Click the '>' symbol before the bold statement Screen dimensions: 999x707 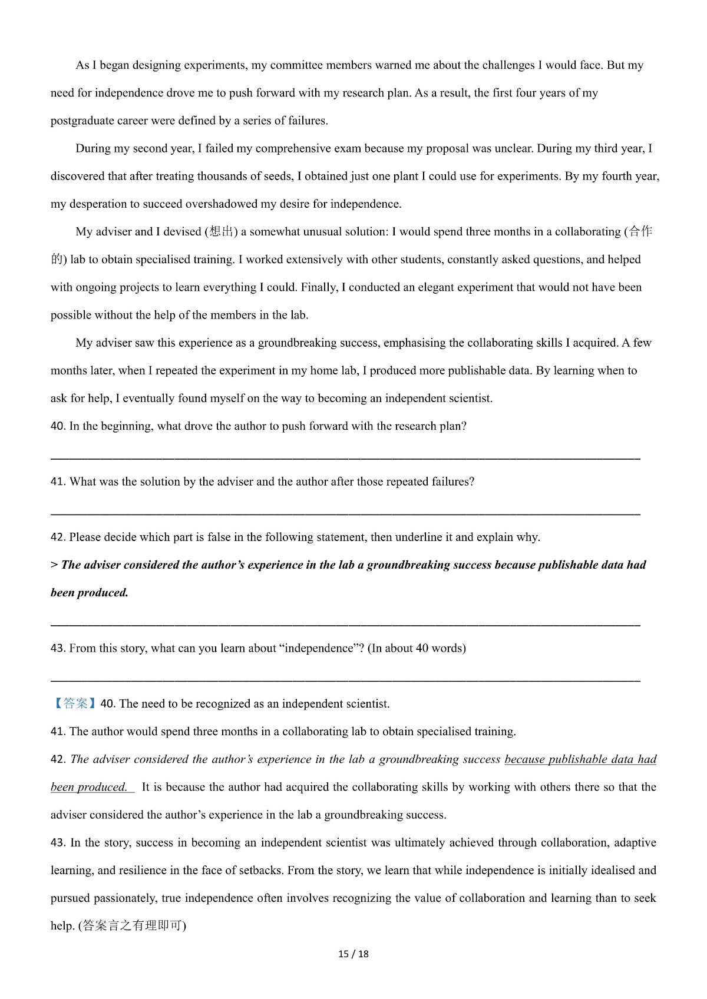[54, 565]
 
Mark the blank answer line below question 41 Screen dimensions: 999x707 [345, 514]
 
